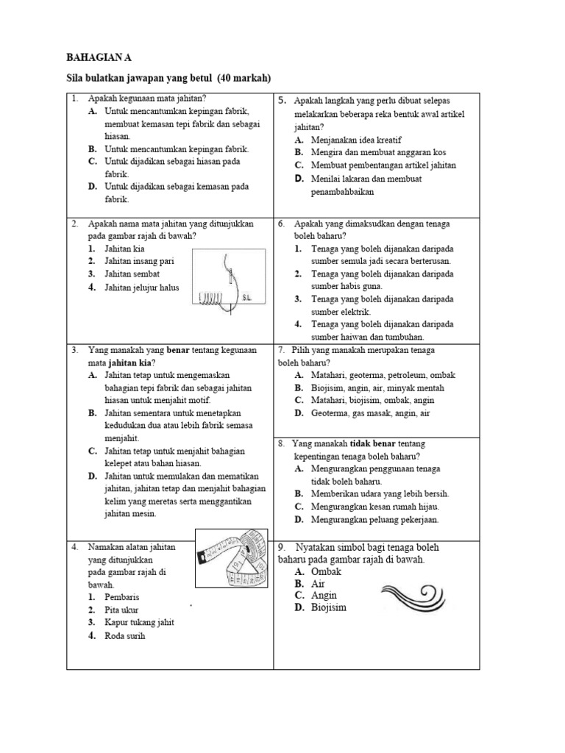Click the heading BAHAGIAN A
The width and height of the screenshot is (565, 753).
tap(101, 57)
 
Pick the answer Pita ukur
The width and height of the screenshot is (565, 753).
tap(121, 610)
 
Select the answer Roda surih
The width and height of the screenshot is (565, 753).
tap(125, 635)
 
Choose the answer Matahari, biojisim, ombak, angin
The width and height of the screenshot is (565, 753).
tap(372, 400)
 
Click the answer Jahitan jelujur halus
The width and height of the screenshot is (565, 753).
tap(141, 288)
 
